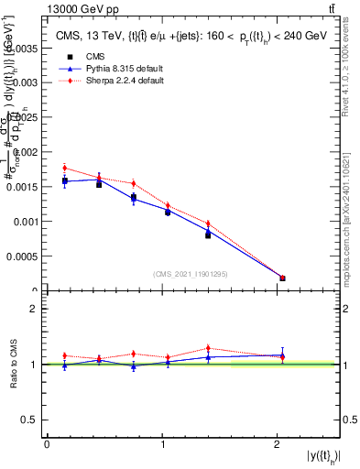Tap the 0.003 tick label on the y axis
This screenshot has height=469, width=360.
pyautogui.click(x=26, y=82)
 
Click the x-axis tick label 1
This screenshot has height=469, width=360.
pyautogui.click(x=162, y=444)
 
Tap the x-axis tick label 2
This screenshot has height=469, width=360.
pyautogui.click(x=278, y=444)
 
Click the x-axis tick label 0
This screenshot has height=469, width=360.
pyautogui.click(x=47, y=444)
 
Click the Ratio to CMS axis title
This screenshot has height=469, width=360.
pyautogui.click(x=14, y=364)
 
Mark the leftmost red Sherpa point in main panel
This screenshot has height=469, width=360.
pyautogui.click(x=64, y=168)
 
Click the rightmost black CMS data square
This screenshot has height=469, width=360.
pyautogui.click(x=282, y=278)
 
